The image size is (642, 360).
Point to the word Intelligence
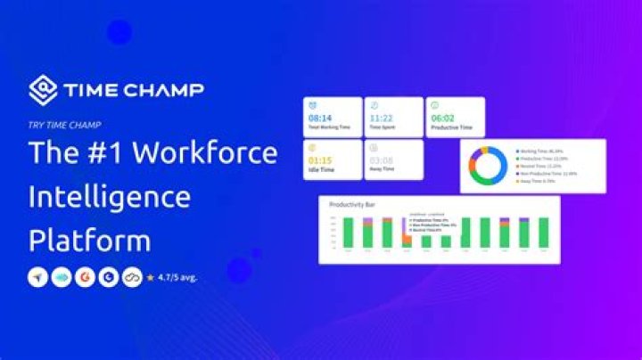[110, 197]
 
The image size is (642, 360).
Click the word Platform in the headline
[89, 241]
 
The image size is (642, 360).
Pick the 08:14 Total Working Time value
[321, 117]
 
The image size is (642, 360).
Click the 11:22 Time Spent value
[383, 117]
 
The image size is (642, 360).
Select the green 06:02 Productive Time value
[444, 117]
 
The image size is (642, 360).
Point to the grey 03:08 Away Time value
[383, 160]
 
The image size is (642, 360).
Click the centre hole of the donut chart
[488, 165]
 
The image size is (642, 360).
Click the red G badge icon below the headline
[85, 277]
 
